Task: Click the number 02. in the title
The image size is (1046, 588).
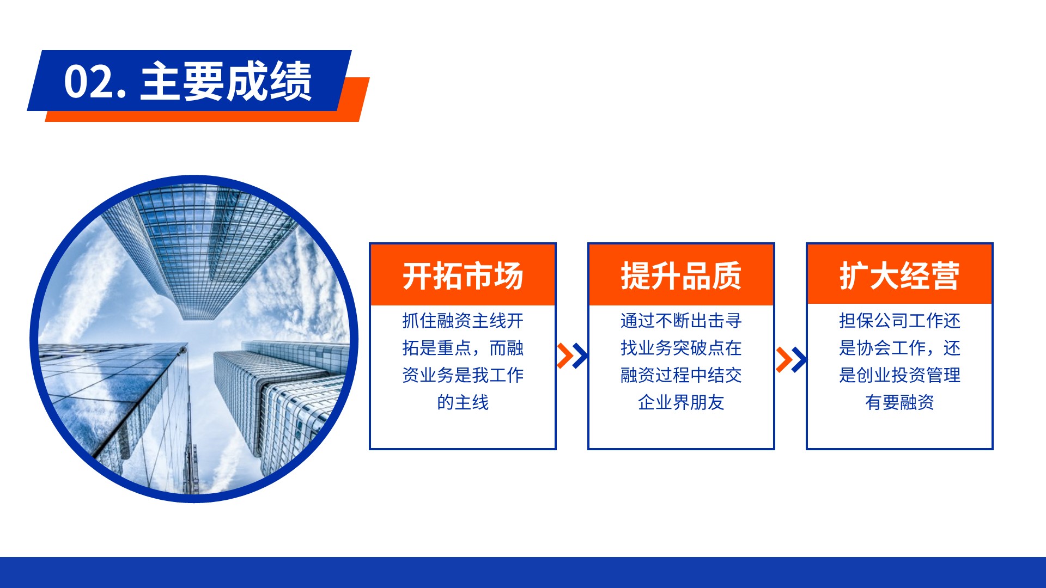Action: tap(95, 82)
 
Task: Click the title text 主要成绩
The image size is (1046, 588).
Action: tap(226, 81)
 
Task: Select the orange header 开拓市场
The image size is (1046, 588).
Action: tap(463, 275)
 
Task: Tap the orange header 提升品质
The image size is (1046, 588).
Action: tap(681, 275)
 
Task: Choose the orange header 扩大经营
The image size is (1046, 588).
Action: tap(899, 275)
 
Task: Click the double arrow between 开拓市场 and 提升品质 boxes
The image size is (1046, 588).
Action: tap(572, 356)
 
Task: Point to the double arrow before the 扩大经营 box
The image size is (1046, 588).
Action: tap(790, 359)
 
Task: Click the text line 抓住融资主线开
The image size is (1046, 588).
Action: tap(463, 321)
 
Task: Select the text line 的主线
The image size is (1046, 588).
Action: tap(463, 402)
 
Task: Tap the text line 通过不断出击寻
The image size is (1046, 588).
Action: tap(681, 321)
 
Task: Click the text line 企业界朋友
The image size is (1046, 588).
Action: tap(681, 402)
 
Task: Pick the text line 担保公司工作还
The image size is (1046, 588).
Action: tap(899, 321)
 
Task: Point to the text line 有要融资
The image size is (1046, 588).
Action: tap(899, 402)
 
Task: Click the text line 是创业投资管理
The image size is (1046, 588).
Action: tap(899, 375)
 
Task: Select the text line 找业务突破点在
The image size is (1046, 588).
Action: tap(681, 348)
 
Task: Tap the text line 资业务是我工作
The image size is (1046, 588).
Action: tap(463, 375)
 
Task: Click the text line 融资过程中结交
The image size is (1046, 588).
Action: tap(681, 375)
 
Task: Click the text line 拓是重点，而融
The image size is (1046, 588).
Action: tap(463, 348)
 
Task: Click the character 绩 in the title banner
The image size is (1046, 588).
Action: tap(291, 81)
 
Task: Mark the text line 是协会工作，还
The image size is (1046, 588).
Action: tap(899, 348)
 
